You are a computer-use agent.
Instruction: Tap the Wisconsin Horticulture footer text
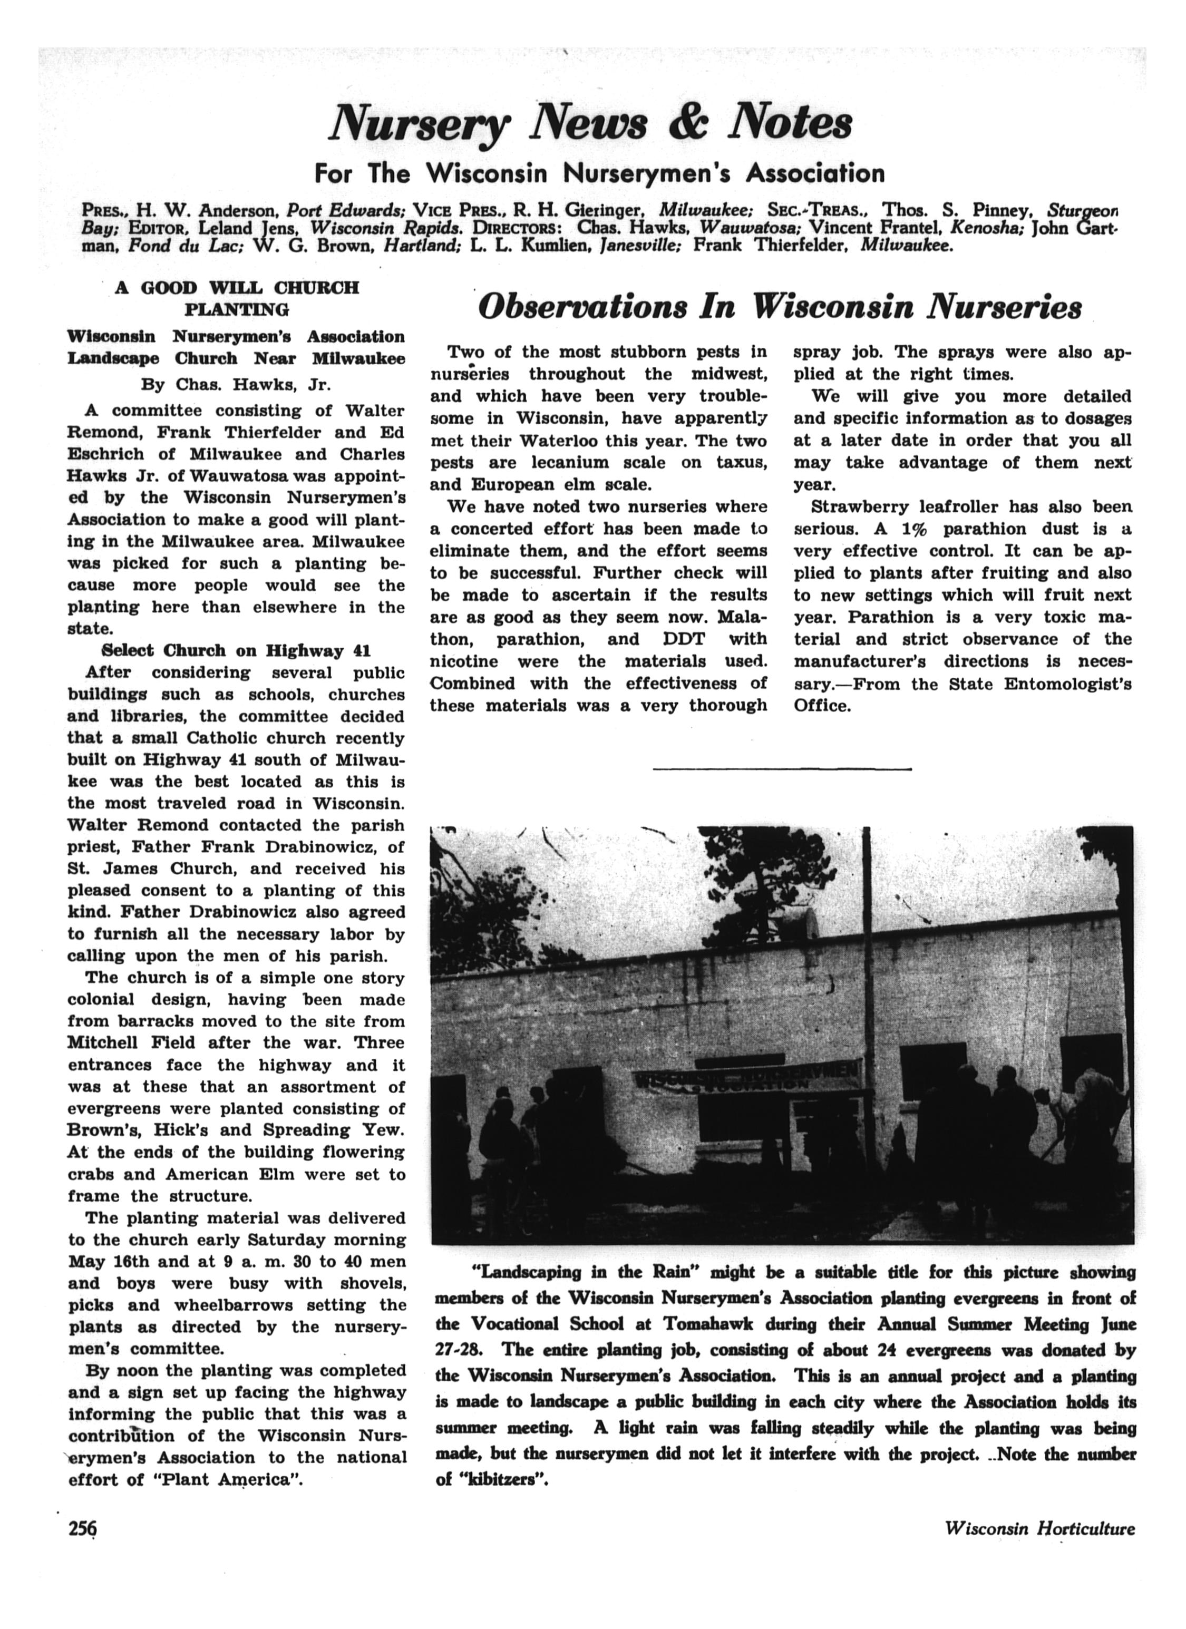pos(1039,1548)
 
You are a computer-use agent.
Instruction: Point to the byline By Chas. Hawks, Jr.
pos(236,384)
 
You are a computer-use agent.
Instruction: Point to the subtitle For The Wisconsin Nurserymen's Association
pos(599,173)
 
